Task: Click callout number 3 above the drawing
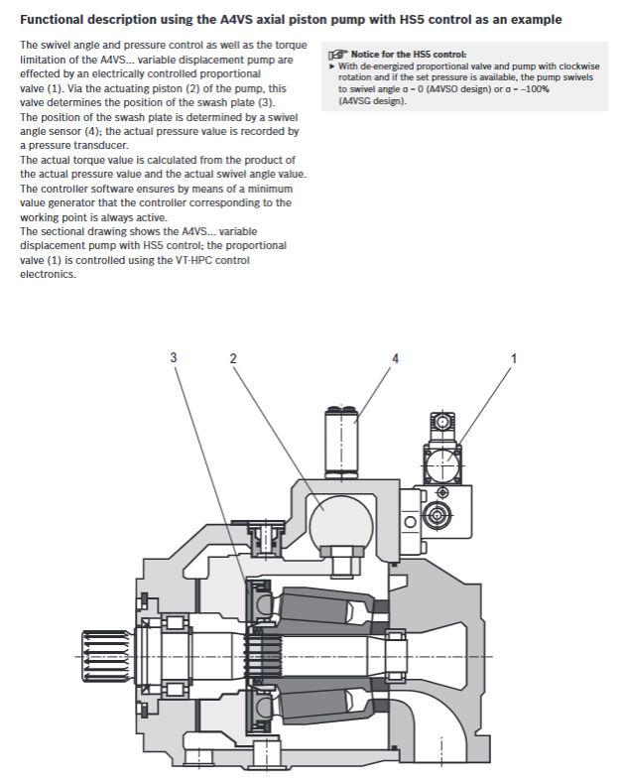pos(173,357)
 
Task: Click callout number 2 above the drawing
pos(233,358)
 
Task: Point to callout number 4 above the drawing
pos(396,358)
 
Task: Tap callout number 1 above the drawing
pos(514,358)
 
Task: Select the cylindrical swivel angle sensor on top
pos(342,441)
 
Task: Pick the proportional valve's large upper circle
pos(443,464)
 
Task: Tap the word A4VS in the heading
pos(235,20)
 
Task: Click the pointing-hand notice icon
pos(337,54)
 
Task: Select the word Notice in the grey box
pos(365,54)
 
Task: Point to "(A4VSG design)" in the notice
pos(372,101)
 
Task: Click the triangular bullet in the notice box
pos(331,66)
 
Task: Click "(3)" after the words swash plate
pos(266,102)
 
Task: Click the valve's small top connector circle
pos(443,422)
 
